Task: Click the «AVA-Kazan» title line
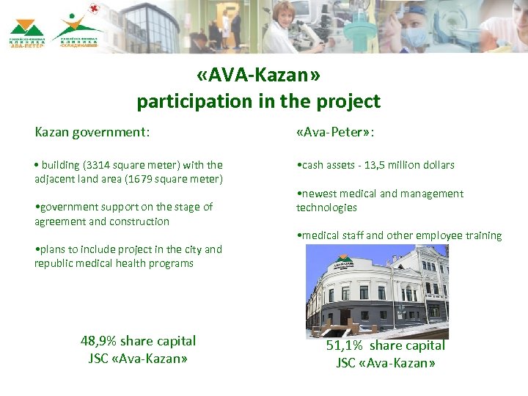pyautogui.click(x=258, y=76)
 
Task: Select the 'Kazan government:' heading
pyautogui.click(x=92, y=133)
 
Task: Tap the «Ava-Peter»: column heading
pyautogui.click(x=336, y=133)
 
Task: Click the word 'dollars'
pyautogui.click(x=437, y=165)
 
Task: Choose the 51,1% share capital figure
pyautogui.click(x=345, y=345)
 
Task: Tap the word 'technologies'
pyautogui.click(x=326, y=208)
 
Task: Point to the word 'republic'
pyautogui.click(x=53, y=263)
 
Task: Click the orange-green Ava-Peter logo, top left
pyautogui.click(x=27, y=34)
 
